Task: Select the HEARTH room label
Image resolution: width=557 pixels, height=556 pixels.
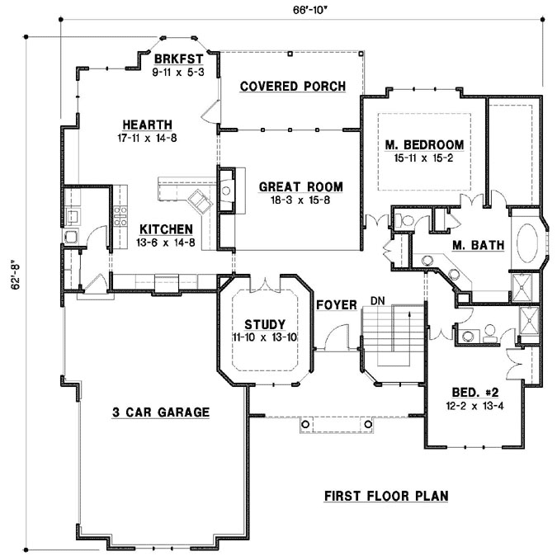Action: [146, 125]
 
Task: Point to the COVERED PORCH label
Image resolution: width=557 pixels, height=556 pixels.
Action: [292, 87]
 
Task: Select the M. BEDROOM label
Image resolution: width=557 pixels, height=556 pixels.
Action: [424, 146]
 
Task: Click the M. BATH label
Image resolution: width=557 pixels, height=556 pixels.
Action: [472, 244]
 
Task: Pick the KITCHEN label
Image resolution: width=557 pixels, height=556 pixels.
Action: [166, 229]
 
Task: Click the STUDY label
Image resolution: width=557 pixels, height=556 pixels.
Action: [266, 323]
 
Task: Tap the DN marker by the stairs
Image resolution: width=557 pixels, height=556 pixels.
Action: [378, 299]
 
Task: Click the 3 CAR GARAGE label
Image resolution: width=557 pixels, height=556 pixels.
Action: [161, 412]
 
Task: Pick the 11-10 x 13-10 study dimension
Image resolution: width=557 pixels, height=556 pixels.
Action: [266, 337]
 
